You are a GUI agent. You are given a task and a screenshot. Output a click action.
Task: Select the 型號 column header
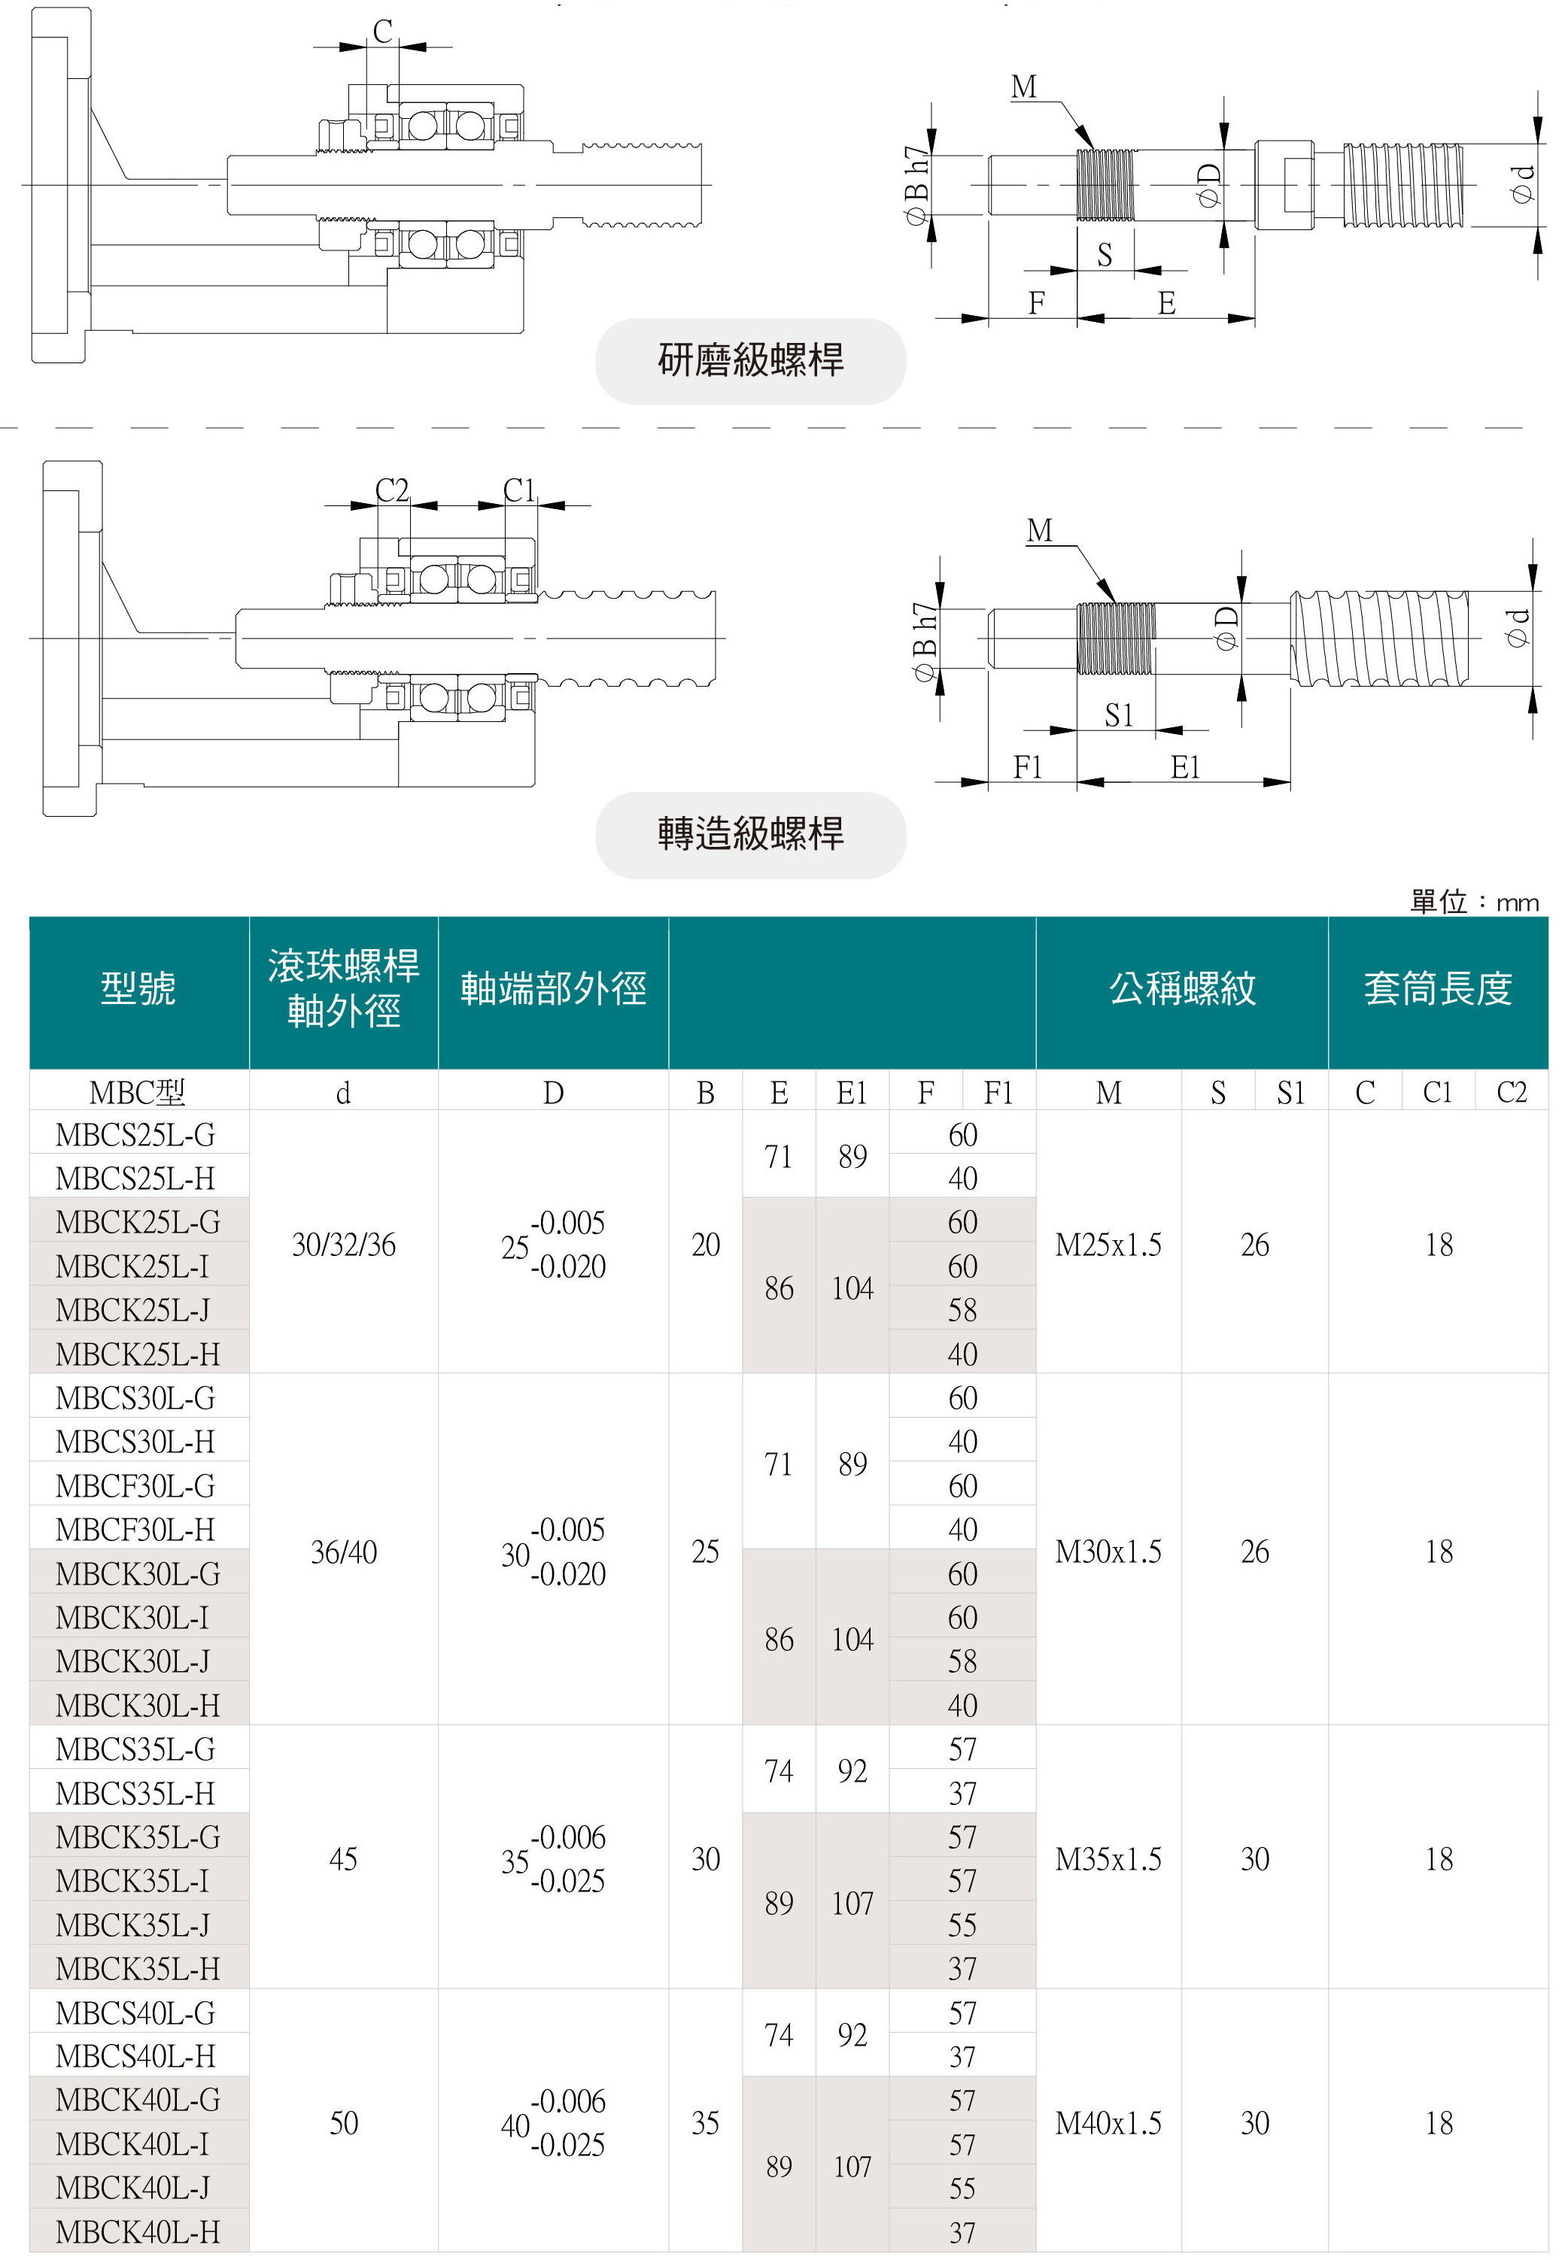pos(138,988)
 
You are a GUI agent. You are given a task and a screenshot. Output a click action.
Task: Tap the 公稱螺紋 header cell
pos(1181,988)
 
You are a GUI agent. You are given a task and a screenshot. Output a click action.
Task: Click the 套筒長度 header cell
pos(1437,988)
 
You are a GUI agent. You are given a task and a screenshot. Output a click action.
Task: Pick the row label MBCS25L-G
pos(135,1135)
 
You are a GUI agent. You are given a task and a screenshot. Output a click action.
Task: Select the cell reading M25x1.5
pos(1108,1245)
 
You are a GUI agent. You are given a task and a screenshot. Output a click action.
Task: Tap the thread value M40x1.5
pos(1108,2123)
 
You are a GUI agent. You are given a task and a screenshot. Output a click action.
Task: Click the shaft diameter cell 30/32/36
pos(344,1245)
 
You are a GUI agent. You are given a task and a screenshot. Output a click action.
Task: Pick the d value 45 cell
pos(344,1859)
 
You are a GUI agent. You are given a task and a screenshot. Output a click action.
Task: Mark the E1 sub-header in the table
pos(852,1093)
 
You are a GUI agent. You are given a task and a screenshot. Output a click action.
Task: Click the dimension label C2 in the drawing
pos(391,490)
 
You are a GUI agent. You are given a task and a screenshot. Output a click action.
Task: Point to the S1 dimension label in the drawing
pos(1119,715)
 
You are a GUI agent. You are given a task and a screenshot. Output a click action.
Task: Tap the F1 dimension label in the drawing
pos(1028,767)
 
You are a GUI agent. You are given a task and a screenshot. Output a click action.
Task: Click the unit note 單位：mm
pos(1473,901)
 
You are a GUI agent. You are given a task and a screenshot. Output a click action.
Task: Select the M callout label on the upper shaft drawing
pos(1024,88)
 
